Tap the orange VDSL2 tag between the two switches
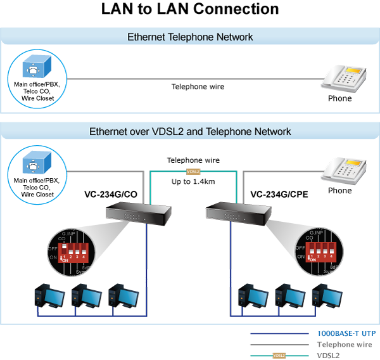coord(193,172)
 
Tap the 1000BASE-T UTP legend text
coord(346,333)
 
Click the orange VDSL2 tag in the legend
coord(279,356)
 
